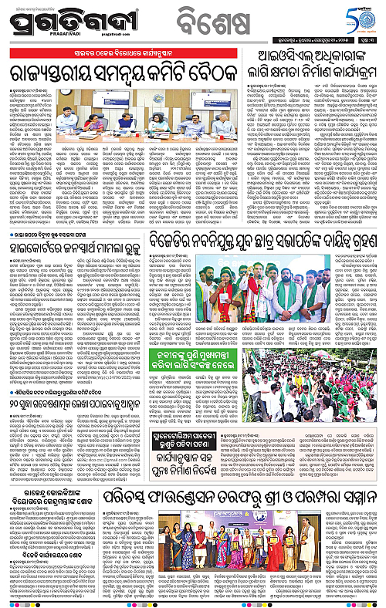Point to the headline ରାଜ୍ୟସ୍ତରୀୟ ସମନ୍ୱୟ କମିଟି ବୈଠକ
127,72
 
